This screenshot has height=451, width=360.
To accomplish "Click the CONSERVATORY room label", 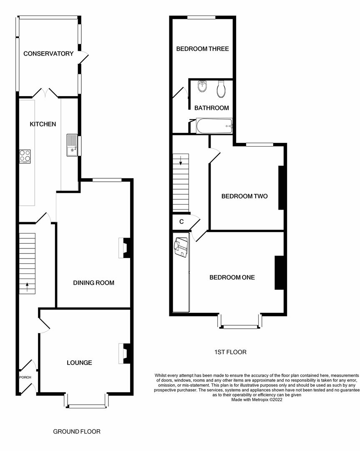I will (x=48, y=53).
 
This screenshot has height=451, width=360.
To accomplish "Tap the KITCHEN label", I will (x=43, y=124).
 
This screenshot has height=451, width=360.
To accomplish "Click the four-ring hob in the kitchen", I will (x=25, y=155).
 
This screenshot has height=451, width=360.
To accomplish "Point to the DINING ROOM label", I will (x=93, y=283).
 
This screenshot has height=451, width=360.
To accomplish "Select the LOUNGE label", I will (x=79, y=362).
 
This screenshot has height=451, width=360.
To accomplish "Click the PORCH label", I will (x=25, y=377).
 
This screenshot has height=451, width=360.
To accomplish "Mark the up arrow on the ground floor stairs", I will (x=28, y=286).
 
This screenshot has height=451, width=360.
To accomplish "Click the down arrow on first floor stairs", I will (x=181, y=160).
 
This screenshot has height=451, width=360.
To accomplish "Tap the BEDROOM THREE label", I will (x=202, y=49).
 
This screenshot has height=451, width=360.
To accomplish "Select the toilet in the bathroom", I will (x=221, y=88).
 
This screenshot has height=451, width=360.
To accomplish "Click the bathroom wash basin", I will (x=202, y=86).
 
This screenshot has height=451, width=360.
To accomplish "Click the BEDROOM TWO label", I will (x=244, y=196).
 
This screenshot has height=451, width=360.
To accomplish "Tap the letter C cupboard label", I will (x=181, y=222).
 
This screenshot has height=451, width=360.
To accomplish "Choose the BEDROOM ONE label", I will (x=232, y=277).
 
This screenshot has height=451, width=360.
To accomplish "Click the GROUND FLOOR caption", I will (x=77, y=431).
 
